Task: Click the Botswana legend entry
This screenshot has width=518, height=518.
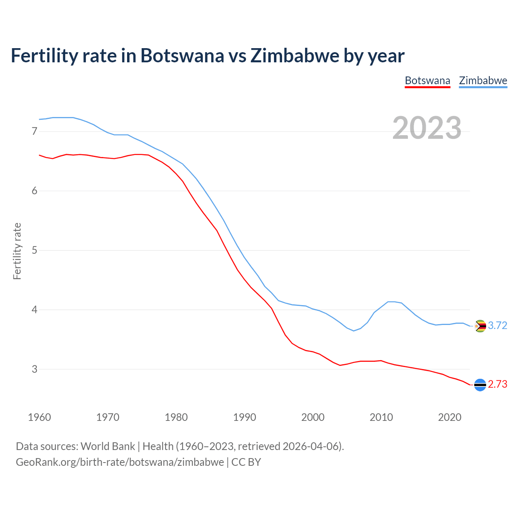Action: [x=427, y=81]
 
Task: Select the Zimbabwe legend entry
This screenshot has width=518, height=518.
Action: [x=483, y=81]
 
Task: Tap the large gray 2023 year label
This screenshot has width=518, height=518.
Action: [x=427, y=128]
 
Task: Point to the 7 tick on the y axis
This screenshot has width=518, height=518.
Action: [x=34, y=131]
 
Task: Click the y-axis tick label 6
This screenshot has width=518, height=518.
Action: [x=34, y=191]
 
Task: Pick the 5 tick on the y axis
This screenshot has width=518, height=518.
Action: [x=34, y=250]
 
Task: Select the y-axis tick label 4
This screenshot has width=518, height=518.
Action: [x=34, y=310]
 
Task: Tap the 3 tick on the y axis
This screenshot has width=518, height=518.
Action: [x=34, y=369]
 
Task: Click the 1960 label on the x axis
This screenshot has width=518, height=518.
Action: [x=39, y=417]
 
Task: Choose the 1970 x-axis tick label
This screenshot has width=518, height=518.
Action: [x=108, y=417]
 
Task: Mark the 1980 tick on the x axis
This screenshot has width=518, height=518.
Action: [x=176, y=417]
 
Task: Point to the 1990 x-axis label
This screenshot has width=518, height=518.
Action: [x=244, y=417]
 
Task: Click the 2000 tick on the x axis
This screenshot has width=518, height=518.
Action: [x=313, y=417]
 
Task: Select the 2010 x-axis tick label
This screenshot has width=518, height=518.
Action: [x=381, y=417]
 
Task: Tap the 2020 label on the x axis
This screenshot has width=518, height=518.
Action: [x=450, y=417]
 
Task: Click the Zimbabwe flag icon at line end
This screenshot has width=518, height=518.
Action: [x=480, y=326]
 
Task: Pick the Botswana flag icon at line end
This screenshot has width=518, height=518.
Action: [x=480, y=384]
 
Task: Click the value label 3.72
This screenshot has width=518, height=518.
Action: [x=497, y=326]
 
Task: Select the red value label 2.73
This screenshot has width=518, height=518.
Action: [x=497, y=384]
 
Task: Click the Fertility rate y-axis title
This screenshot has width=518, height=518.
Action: [x=17, y=251]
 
